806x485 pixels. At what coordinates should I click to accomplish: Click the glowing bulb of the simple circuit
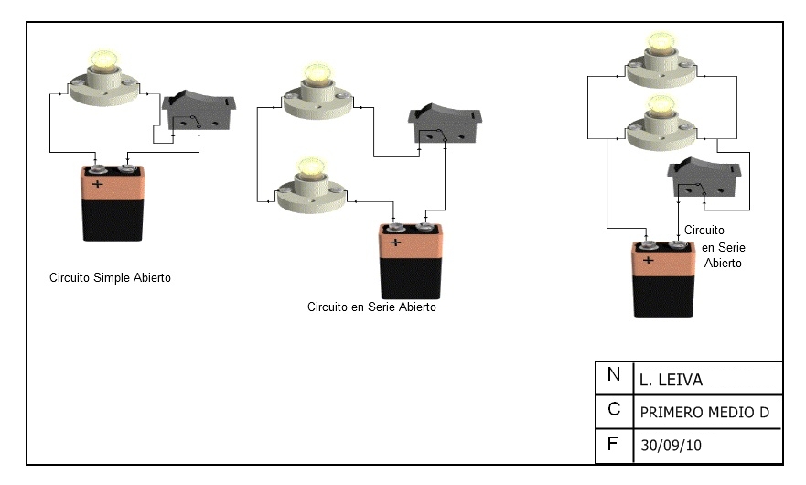coord(104,60)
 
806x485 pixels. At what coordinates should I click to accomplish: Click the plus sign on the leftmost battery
coord(97,184)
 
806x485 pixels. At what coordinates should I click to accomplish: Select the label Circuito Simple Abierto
coord(110,277)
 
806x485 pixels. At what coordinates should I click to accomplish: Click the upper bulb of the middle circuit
coord(318,74)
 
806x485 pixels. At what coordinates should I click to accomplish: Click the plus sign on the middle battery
coord(395,242)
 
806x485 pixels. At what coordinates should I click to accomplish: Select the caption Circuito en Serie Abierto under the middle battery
coord(371,307)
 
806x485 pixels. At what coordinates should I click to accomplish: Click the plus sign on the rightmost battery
coord(649,260)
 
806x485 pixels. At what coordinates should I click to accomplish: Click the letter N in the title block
coord(613,374)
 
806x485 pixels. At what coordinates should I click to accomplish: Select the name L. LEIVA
coord(671,380)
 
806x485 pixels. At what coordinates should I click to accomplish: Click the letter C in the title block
coord(614,409)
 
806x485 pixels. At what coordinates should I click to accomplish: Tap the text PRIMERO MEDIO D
coord(704,413)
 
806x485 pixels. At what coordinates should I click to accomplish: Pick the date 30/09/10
coord(671,446)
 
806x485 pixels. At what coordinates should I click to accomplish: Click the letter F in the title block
coord(612,444)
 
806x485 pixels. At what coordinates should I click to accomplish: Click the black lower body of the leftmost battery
coord(113,221)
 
